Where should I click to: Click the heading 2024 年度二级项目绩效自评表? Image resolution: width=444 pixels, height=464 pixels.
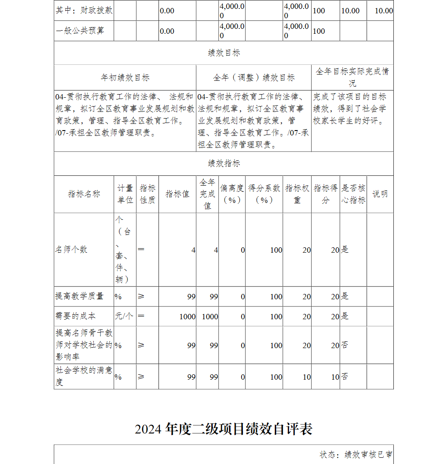click(224, 429)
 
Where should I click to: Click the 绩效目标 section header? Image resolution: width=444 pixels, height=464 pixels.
click(224, 53)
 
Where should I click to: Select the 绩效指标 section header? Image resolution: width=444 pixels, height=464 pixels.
click(224, 163)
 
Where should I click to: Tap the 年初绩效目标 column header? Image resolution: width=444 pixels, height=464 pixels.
click(125, 78)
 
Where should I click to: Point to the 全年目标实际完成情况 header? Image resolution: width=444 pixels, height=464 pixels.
click(353, 77)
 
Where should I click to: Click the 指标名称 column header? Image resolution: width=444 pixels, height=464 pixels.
click(84, 194)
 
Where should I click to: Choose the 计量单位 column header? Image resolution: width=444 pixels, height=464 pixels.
click(125, 194)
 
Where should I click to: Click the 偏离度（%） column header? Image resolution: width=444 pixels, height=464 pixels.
click(232, 194)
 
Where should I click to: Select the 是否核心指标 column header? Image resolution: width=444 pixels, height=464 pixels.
click(353, 194)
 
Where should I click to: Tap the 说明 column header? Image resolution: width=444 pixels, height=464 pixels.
click(380, 194)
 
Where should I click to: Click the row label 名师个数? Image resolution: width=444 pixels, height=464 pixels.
click(71, 250)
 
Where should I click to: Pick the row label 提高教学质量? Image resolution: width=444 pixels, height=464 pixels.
click(79, 296)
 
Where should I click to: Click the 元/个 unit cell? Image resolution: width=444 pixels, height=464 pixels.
click(124, 316)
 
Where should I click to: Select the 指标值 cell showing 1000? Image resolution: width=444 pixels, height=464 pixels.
click(187, 317)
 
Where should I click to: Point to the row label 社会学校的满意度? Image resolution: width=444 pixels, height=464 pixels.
click(83, 376)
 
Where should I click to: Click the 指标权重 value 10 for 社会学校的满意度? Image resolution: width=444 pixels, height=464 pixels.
click(306, 377)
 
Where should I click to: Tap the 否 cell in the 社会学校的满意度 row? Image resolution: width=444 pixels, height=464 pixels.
click(345, 377)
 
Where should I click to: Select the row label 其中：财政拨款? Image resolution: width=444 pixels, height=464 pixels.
click(84, 11)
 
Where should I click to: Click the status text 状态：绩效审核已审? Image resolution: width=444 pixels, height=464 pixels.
click(356, 455)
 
